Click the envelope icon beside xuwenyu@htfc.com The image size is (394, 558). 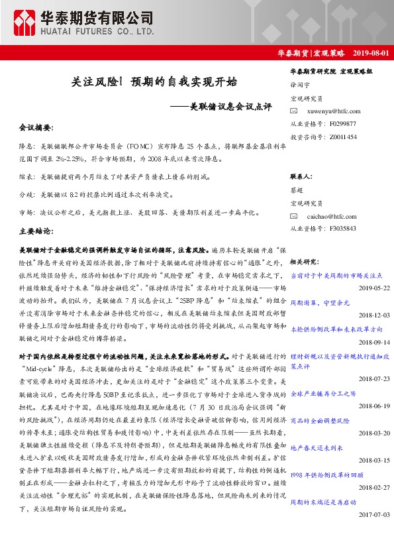point(294,111)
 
